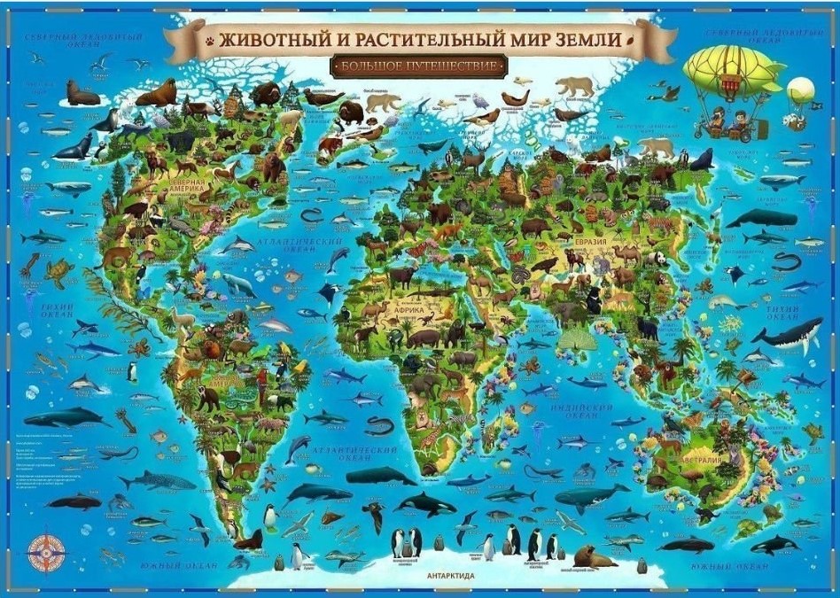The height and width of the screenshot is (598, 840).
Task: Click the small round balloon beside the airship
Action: pos(801,89)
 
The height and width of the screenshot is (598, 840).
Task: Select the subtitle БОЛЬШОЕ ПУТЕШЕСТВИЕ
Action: pos(419,66)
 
